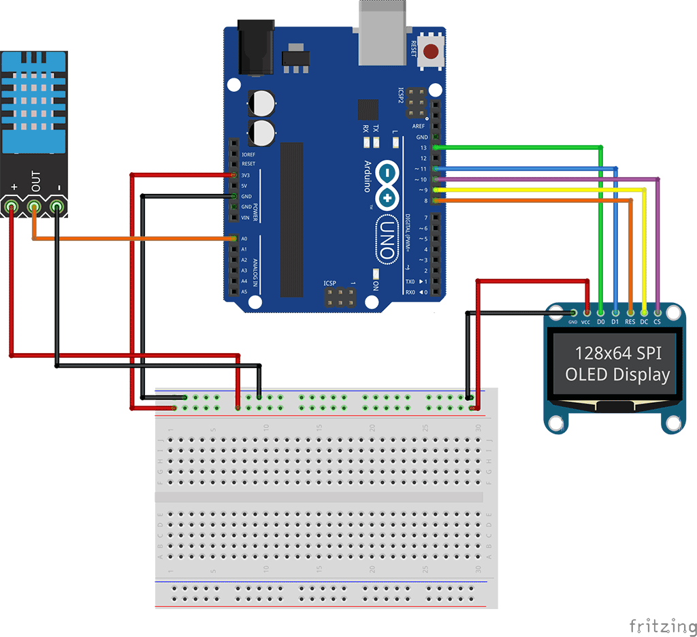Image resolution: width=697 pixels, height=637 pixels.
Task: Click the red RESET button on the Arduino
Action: point(431,52)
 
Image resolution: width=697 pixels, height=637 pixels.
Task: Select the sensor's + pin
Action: point(12,206)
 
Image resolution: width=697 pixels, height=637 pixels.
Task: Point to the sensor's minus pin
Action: point(56,206)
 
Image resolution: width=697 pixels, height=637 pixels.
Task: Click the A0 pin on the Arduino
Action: point(234,239)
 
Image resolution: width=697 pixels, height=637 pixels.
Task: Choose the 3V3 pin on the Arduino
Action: point(234,175)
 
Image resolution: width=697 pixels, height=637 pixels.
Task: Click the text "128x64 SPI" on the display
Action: point(617,353)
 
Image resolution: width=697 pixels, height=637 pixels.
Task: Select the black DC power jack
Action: point(255,47)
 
